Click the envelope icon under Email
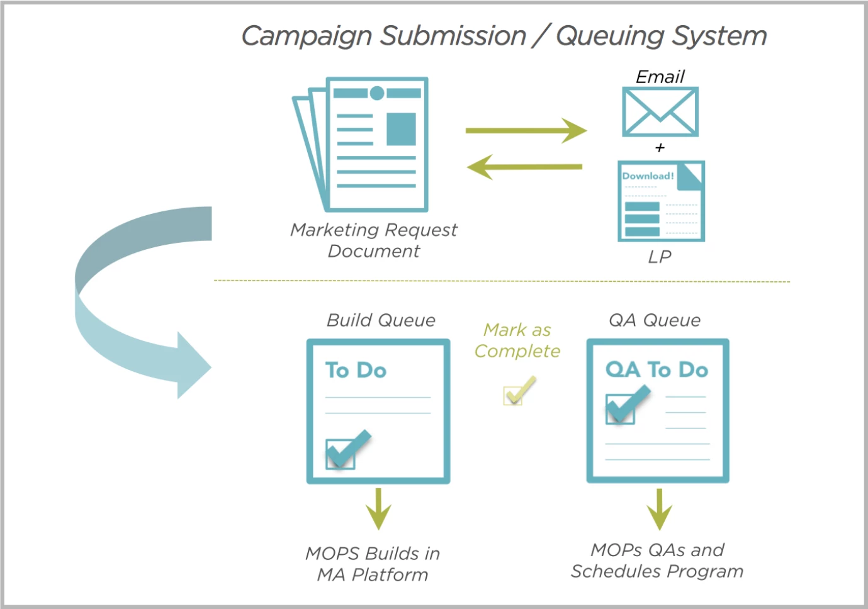(x=660, y=111)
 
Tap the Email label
(x=660, y=77)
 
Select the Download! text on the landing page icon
(x=648, y=176)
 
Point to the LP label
(x=660, y=257)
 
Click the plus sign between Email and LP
(x=660, y=148)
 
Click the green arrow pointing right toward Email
(x=526, y=130)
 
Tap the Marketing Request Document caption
(x=373, y=240)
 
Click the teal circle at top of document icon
(x=377, y=93)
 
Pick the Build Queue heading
(x=381, y=320)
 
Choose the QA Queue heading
(x=655, y=320)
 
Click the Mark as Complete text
(x=517, y=340)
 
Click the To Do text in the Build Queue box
(x=356, y=370)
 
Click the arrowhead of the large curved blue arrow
(x=193, y=366)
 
